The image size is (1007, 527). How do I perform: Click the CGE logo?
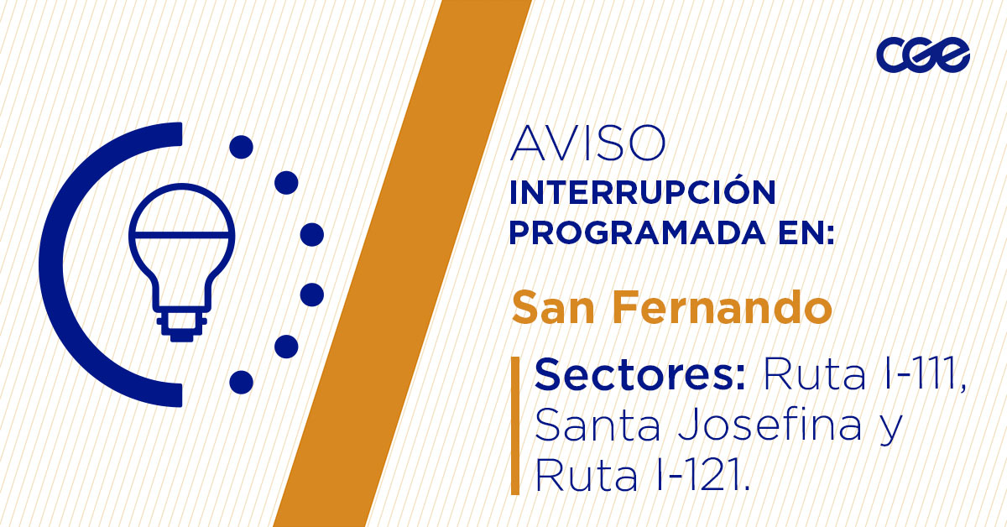pos(923,55)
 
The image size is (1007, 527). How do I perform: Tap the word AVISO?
pos(588,144)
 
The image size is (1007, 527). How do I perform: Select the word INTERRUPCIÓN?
pos(642,192)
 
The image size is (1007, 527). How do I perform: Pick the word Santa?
pos(592,426)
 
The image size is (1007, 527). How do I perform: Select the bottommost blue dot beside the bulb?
pos(241,382)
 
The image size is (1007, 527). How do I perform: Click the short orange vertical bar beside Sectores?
pos(515,425)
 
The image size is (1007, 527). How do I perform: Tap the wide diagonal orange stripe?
pos(394,269)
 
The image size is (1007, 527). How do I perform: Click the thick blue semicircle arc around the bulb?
pos(59,264)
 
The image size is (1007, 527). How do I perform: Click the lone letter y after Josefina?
pos(888,430)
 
